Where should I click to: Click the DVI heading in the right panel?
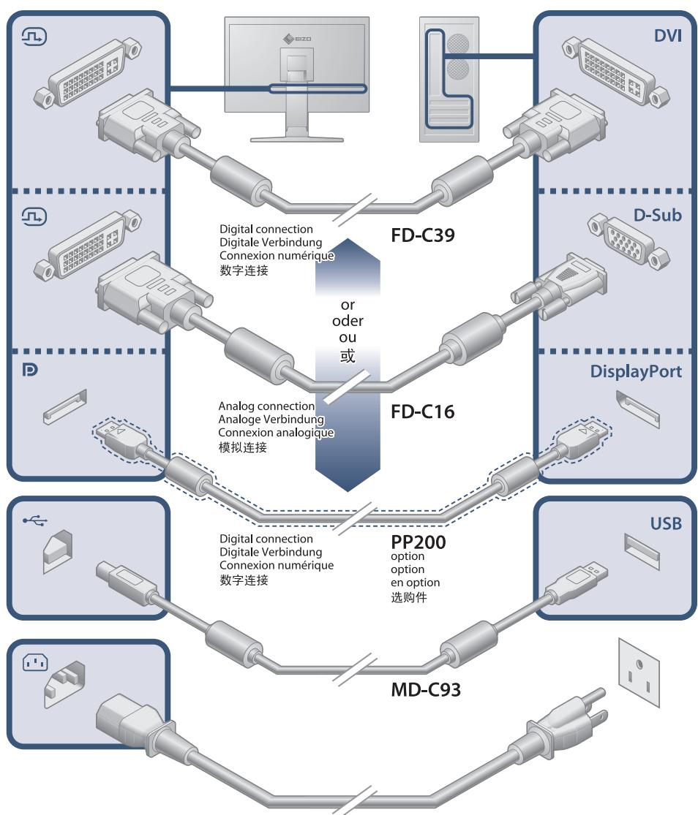(667, 36)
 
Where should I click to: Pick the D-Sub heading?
(658, 216)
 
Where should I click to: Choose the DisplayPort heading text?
(636, 371)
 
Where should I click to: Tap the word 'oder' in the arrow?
(348, 321)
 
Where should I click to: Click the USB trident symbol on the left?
(33, 520)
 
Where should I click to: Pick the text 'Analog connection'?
(266, 406)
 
